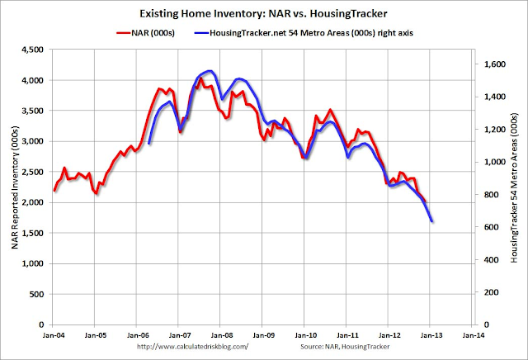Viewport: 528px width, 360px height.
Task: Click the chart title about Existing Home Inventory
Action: coord(264,14)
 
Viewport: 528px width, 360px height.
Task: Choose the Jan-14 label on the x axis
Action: coord(473,336)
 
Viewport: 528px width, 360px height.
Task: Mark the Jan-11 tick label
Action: coord(346,336)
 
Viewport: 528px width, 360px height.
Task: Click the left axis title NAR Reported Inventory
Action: coord(14,188)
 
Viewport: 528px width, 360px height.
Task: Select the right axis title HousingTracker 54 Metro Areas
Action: coord(514,188)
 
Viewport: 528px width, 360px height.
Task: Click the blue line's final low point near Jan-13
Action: coord(433,221)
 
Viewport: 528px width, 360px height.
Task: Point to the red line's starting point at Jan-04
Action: coord(54,191)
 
